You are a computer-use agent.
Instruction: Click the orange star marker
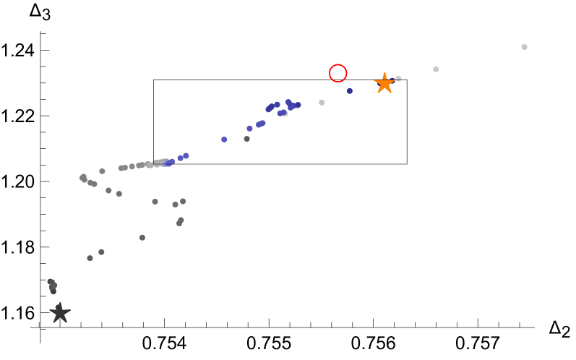[x=384, y=83]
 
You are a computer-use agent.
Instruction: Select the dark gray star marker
[x=59, y=312]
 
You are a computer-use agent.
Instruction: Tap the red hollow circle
[x=338, y=73]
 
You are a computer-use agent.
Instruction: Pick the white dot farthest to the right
[x=524, y=47]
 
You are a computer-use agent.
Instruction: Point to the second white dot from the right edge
[x=436, y=69]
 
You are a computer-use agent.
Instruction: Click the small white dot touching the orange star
[x=398, y=78]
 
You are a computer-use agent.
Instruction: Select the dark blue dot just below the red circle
[x=350, y=91]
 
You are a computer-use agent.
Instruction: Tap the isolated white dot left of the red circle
[x=322, y=103]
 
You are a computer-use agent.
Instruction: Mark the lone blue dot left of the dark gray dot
[x=224, y=140]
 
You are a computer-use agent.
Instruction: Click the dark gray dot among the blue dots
[x=246, y=139]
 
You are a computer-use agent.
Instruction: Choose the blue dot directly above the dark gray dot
[x=249, y=129]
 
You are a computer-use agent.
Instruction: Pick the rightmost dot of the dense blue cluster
[x=298, y=105]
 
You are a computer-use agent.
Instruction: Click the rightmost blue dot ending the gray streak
[x=186, y=155]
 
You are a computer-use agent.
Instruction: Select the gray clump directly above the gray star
[x=52, y=286]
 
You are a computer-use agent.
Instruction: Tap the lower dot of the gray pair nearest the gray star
[x=90, y=258]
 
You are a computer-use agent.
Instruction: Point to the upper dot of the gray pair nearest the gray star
[x=101, y=252]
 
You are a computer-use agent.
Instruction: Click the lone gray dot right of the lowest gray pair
[x=142, y=237]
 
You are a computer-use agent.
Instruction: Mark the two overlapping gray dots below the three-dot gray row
[x=180, y=221]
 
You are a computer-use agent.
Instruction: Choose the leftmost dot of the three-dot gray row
[x=155, y=202]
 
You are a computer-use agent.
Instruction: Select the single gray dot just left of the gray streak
[x=102, y=171]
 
